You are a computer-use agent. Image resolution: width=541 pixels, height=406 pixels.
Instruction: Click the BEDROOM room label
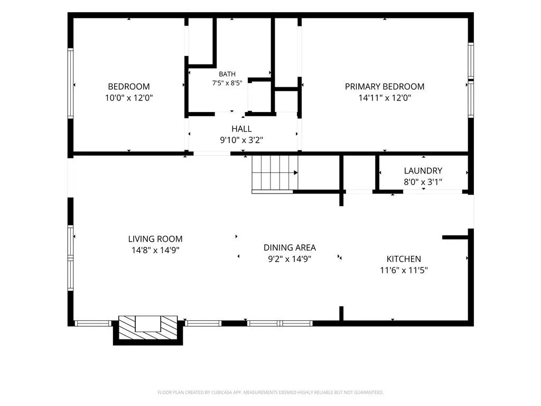click(129, 87)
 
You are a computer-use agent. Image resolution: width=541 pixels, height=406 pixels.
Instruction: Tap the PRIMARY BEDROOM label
click(385, 87)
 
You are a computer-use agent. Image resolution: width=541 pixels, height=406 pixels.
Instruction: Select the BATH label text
click(227, 74)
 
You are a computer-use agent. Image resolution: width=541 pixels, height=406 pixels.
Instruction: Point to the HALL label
click(241, 129)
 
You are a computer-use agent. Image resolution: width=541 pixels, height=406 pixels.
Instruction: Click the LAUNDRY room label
click(423, 171)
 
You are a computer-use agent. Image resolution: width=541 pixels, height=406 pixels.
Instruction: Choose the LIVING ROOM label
click(155, 239)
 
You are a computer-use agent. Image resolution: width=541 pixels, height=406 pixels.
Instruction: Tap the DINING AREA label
click(290, 247)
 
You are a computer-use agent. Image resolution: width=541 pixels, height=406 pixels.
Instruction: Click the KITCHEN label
click(404, 259)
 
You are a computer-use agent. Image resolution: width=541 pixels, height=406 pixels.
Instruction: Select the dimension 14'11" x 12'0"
click(385, 98)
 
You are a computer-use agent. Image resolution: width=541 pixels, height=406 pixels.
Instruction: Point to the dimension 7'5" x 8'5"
click(227, 83)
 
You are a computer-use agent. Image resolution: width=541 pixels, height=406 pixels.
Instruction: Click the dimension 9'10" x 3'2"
click(241, 140)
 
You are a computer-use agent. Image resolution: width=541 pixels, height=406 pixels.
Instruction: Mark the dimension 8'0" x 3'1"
click(423, 182)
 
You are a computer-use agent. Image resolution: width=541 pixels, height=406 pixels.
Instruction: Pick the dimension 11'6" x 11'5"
click(404, 270)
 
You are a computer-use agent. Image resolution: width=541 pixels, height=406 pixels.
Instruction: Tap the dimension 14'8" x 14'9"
click(155, 250)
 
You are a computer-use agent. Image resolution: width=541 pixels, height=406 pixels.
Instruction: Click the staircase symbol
click(275, 174)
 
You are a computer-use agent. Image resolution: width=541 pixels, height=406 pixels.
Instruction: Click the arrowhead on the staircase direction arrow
click(296, 173)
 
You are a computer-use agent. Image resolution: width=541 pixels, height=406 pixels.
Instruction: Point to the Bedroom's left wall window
click(70, 83)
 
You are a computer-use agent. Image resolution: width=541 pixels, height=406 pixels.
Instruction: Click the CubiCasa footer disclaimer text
click(270, 393)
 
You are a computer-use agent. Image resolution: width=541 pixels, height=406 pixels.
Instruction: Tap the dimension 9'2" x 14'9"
click(290, 259)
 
